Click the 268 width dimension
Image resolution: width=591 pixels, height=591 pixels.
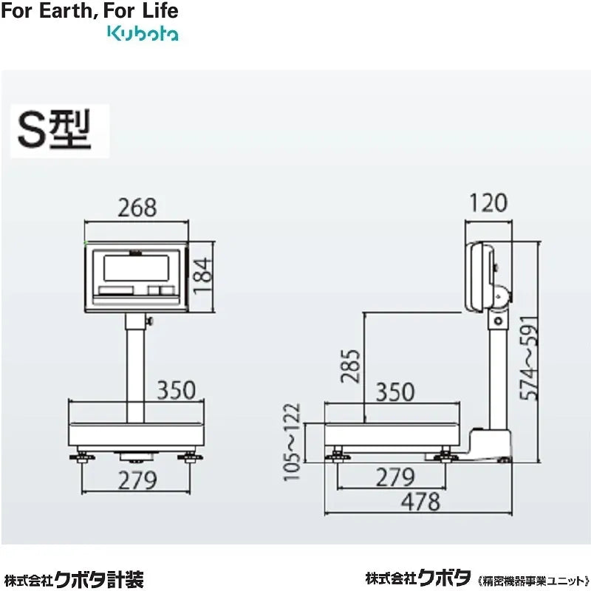click(x=137, y=208)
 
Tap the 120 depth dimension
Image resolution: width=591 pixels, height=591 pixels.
click(x=488, y=202)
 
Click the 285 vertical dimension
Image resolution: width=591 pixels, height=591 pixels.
click(x=352, y=366)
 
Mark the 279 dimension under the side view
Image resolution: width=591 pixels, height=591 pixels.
click(x=395, y=477)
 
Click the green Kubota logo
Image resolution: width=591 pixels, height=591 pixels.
click(x=143, y=33)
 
